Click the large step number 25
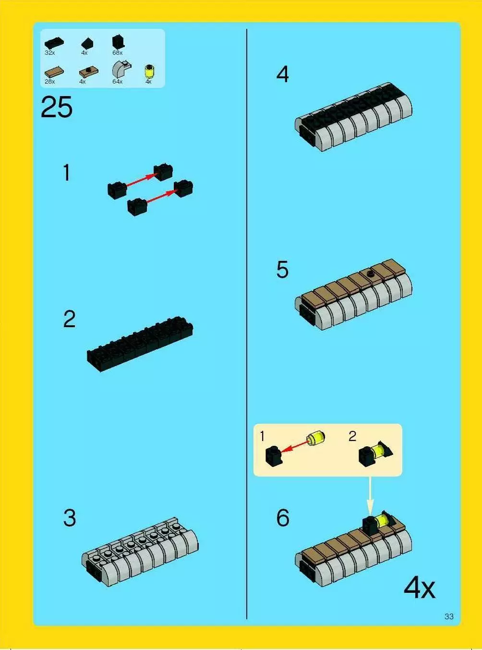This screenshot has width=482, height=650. coord(57,107)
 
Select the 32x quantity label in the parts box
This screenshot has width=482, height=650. coord(50,53)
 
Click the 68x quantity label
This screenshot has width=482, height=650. coord(118,53)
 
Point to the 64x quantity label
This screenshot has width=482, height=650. coord(118,82)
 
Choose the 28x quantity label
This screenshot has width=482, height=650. coord(50,82)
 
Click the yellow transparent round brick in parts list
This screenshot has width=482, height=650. coord(149,71)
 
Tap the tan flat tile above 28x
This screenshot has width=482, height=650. coord(54,72)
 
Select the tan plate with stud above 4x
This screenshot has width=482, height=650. coord(89,71)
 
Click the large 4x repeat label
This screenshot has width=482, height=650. coord(419,588)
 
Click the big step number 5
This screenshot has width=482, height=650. coord(282,270)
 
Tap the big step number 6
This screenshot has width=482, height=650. coord(283,518)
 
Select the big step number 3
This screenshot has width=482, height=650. coord(70,518)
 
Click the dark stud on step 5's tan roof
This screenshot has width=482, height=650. coord(371,274)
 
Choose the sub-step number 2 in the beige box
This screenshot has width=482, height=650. coord(352,436)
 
